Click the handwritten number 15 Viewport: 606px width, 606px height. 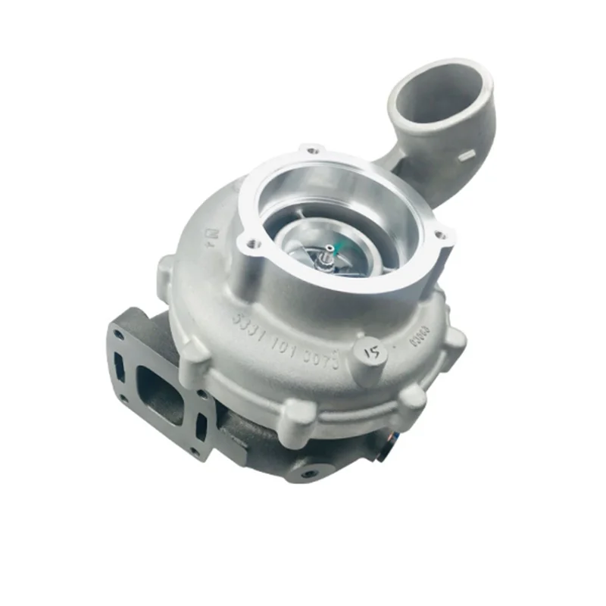coord(373,353)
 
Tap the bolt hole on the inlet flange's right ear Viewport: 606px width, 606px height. coord(443,237)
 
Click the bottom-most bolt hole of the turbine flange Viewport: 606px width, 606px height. coord(194,452)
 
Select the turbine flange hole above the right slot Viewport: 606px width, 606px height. coord(201,395)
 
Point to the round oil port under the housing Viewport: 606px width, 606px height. coord(308,473)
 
